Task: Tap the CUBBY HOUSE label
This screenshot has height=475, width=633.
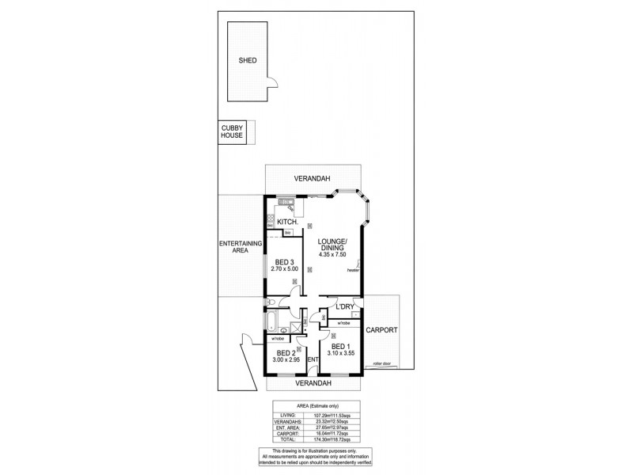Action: [233, 132]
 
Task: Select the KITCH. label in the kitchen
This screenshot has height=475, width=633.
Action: [286, 222]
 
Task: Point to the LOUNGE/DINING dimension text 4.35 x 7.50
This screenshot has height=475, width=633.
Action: [332, 254]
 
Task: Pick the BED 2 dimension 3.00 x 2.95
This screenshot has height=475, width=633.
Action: [284, 360]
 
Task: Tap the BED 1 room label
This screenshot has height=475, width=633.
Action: [339, 347]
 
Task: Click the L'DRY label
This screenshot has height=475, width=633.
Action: [344, 306]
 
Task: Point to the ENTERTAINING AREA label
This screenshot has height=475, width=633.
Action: [234, 247]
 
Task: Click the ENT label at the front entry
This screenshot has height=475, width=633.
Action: [312, 360]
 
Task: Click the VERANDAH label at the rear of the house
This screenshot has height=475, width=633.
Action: [313, 178]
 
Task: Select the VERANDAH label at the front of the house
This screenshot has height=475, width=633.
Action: [313, 383]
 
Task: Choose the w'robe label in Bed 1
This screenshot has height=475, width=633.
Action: [343, 324]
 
